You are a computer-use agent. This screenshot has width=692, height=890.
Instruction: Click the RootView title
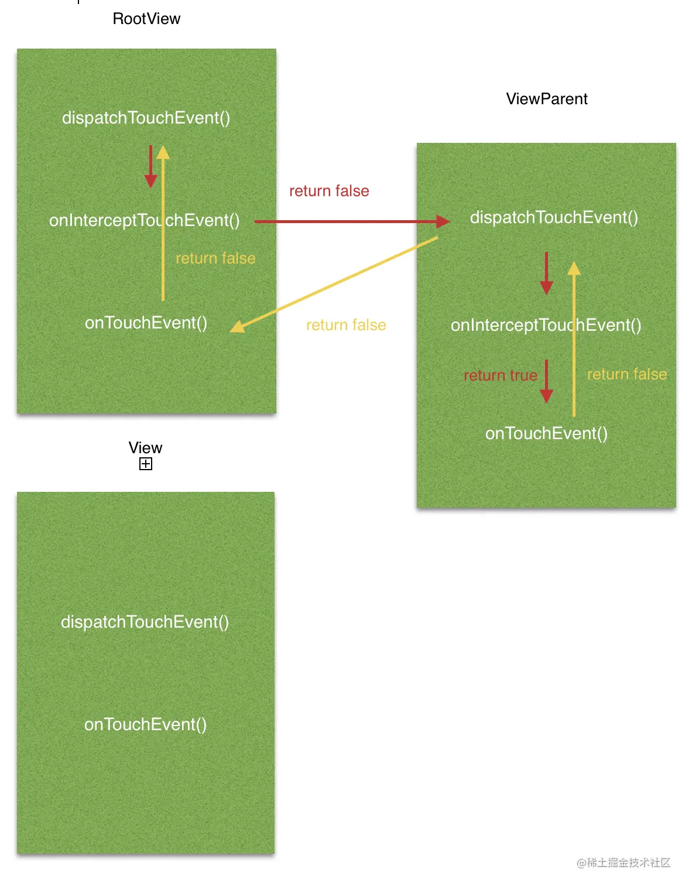[146, 19]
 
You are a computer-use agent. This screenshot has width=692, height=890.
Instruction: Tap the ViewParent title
[546, 99]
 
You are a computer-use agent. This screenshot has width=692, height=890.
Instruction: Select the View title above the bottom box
[145, 448]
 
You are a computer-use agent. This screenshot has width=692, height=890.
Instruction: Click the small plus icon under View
[146, 464]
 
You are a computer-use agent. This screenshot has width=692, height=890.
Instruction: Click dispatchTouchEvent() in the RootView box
[146, 118]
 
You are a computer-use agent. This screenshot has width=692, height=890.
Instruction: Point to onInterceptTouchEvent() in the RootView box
[144, 220]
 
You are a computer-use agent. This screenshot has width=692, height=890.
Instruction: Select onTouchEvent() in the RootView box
[146, 323]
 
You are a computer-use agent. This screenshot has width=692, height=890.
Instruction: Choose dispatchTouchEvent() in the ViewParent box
[554, 217]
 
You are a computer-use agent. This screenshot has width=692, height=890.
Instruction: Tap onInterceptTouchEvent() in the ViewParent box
[546, 325]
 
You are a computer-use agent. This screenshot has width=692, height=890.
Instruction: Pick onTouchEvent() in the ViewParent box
[546, 433]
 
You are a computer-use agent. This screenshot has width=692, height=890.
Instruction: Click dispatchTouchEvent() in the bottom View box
[145, 622]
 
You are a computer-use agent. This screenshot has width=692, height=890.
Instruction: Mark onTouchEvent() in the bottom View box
[145, 724]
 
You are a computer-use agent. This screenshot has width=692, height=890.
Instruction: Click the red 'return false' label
[329, 191]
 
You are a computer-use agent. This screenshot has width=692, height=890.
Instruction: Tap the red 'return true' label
[500, 375]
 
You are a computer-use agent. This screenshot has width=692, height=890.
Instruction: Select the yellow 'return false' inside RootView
[215, 258]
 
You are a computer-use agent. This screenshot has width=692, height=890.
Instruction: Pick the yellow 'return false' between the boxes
[346, 325]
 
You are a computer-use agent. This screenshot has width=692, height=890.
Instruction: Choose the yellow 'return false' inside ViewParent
[627, 374]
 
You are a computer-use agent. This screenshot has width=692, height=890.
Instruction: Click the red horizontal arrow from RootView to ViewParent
[351, 221]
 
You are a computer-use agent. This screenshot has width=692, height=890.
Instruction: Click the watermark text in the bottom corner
[624, 862]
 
